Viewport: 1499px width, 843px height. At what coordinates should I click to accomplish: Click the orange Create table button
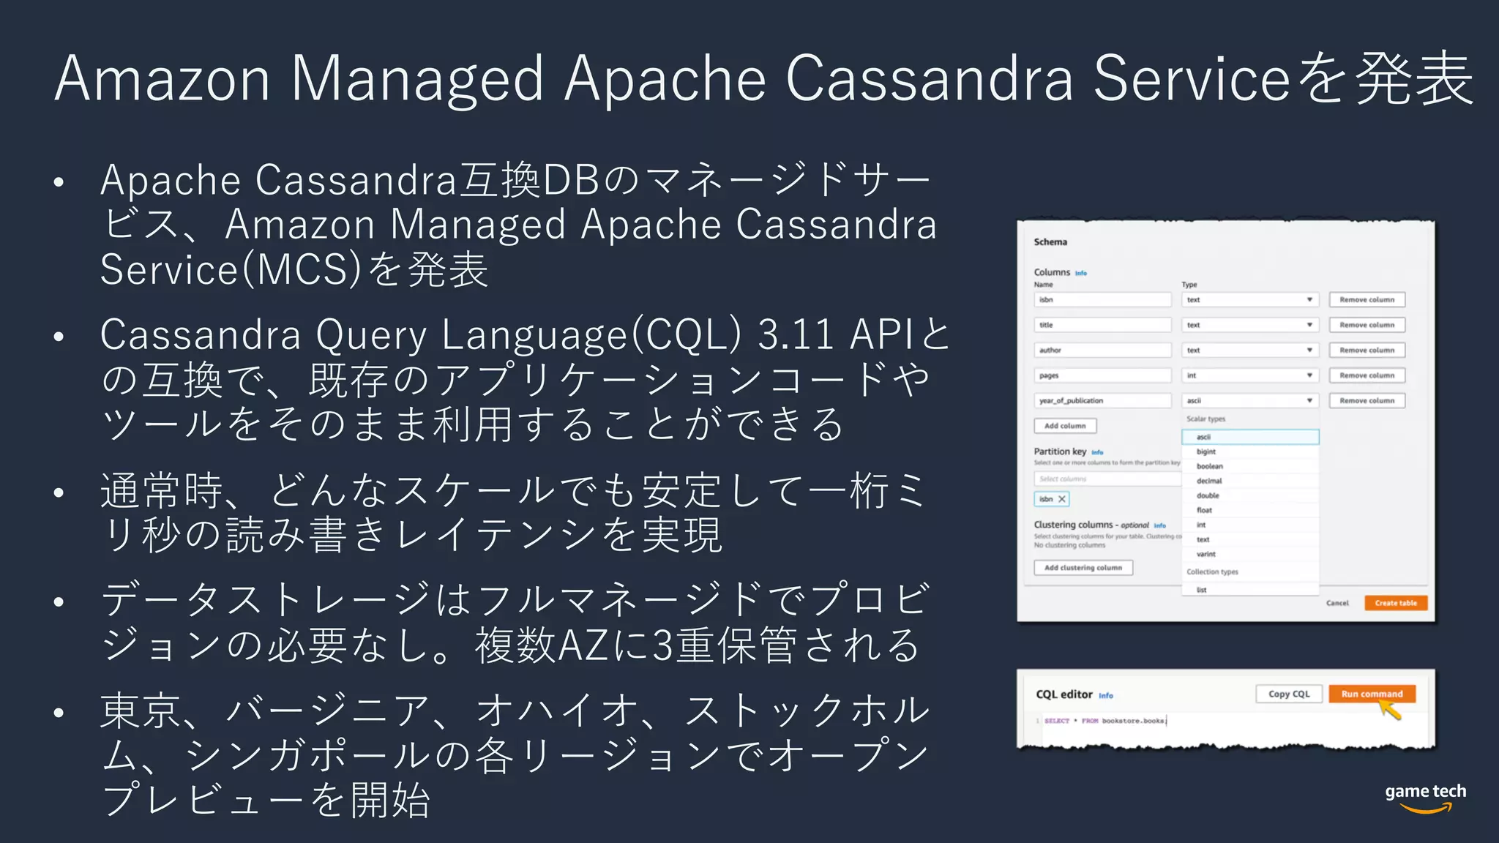click(x=1395, y=603)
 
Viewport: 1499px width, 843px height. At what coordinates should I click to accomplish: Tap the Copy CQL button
click(x=1289, y=694)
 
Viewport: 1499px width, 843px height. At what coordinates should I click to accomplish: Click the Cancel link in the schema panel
click(x=1337, y=603)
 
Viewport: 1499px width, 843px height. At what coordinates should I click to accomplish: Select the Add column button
click(x=1065, y=426)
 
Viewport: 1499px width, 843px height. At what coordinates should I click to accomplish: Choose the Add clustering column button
click(x=1083, y=568)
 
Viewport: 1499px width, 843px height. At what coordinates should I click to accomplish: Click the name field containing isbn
click(x=1102, y=300)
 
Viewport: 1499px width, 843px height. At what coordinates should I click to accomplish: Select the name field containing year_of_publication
click(x=1102, y=401)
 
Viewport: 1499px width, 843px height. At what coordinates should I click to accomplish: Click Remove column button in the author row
click(x=1367, y=351)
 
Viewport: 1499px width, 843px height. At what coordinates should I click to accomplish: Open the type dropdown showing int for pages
click(x=1249, y=375)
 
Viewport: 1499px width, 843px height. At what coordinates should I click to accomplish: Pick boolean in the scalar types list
click(x=1210, y=466)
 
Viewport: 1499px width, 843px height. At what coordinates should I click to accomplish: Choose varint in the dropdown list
click(x=1206, y=554)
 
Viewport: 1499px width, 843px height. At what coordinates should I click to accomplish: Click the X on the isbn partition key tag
click(x=1061, y=499)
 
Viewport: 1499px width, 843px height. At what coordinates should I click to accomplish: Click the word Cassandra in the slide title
click(x=929, y=79)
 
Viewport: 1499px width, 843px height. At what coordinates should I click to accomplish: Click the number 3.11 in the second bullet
click(x=795, y=336)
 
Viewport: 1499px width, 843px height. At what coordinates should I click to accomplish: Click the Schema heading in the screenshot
click(x=1050, y=242)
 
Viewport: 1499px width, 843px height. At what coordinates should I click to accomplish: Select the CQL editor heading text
click(x=1063, y=694)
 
